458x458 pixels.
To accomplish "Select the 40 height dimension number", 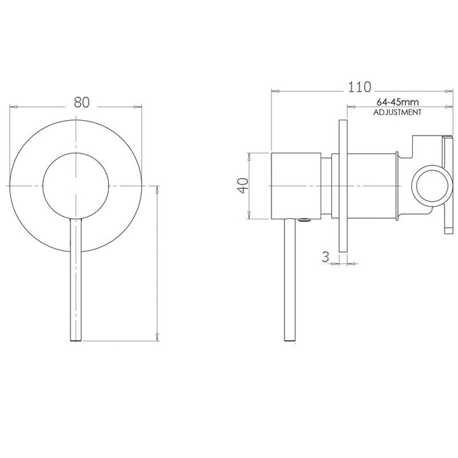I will [242, 186].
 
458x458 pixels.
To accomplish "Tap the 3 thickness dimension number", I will [326, 257].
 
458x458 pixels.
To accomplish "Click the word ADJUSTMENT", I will [397, 112].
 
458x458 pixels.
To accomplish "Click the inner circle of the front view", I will [76, 186].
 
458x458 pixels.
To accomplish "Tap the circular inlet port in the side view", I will [430, 186].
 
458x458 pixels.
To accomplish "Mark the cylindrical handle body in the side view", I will [296, 186].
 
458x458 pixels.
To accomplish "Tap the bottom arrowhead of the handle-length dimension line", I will [157, 338].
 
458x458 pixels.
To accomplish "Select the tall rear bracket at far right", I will [448, 184].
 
